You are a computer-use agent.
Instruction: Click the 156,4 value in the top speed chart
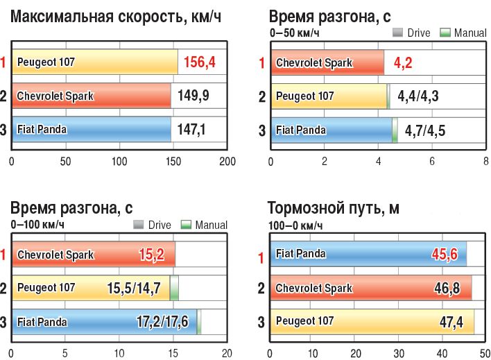pos(200,63)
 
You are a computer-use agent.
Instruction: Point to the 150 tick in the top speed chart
pos(173,162)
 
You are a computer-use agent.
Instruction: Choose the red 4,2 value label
pos(404,63)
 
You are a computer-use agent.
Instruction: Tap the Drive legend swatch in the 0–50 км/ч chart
pos(399,33)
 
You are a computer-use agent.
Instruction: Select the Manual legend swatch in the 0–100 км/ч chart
pos(185,225)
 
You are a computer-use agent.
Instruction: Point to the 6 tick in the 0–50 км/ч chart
pos(432,162)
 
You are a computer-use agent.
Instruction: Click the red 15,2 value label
pos(151,255)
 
